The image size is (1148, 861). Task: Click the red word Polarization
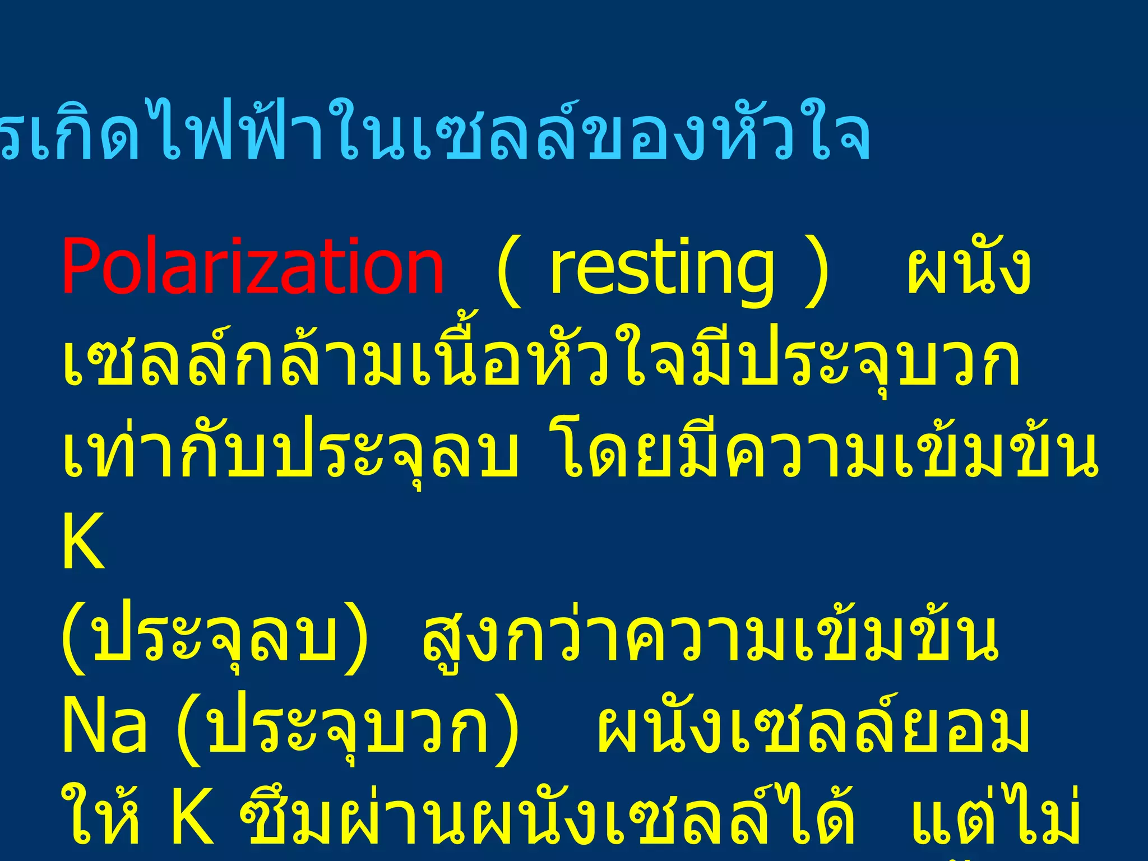pyautogui.click(x=252, y=266)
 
